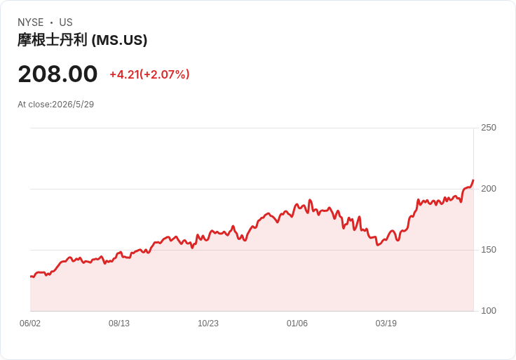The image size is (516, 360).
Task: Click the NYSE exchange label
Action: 31,22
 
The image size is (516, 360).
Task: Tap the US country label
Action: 66,22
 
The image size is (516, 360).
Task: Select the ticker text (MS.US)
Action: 119,40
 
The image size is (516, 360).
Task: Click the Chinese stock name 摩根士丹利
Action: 53,40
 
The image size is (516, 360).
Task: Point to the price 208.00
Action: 58,74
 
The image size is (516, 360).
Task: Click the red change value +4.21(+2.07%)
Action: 149,74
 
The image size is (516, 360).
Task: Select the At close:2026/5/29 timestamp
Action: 55,105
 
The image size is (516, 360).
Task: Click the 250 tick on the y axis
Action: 489,128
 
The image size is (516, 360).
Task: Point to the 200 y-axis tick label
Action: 489,188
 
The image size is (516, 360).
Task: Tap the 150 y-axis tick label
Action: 489,250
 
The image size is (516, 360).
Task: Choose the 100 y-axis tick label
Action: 489,311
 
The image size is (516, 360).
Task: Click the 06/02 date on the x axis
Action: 30,323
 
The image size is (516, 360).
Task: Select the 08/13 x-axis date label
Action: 119,323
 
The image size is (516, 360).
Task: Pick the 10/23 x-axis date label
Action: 208,323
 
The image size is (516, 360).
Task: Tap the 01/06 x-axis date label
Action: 297,323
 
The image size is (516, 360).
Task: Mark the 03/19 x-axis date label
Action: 386,323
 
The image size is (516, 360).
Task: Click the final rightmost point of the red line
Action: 473,180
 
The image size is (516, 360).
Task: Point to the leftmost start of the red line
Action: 31,276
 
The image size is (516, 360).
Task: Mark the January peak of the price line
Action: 310,200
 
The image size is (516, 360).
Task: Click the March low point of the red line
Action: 378,245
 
